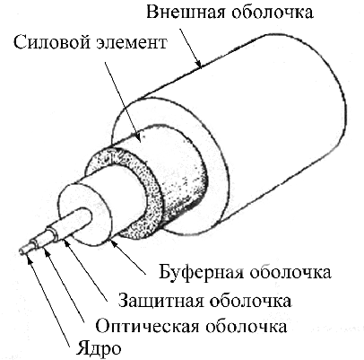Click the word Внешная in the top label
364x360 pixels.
pos(186,13)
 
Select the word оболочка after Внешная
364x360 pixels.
pos(273,13)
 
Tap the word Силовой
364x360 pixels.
pos(52,43)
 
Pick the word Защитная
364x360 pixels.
pos(160,301)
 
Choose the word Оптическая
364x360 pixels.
pos(147,325)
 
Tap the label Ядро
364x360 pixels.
pos(100,347)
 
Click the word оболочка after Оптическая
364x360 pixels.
pos(246,325)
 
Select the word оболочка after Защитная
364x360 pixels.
pos(250,300)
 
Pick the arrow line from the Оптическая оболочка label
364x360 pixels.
pos(65,287)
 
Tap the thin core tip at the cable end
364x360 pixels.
pos(22,250)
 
